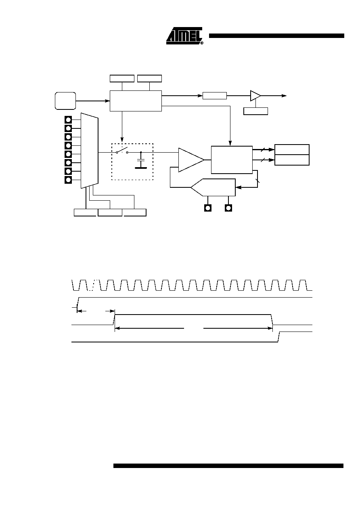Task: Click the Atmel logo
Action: (184, 36)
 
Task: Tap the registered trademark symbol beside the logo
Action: (202, 43)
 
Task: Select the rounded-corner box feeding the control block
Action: (65, 101)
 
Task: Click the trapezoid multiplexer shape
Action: (90, 151)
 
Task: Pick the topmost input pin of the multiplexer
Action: (68, 120)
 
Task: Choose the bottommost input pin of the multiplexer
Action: (68, 180)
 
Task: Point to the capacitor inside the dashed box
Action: (141, 157)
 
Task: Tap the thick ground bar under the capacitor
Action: (141, 168)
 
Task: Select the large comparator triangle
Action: (191, 160)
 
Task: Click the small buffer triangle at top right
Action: (255, 96)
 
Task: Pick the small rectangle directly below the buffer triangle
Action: (255, 111)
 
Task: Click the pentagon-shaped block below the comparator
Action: (213, 187)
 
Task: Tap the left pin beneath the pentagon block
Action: (208, 208)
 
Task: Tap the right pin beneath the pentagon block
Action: (228, 208)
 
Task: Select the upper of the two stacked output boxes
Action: (292, 149)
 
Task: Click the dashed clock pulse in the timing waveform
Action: (93, 285)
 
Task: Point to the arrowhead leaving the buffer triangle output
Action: (284, 96)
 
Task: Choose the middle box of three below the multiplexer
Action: (110, 212)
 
